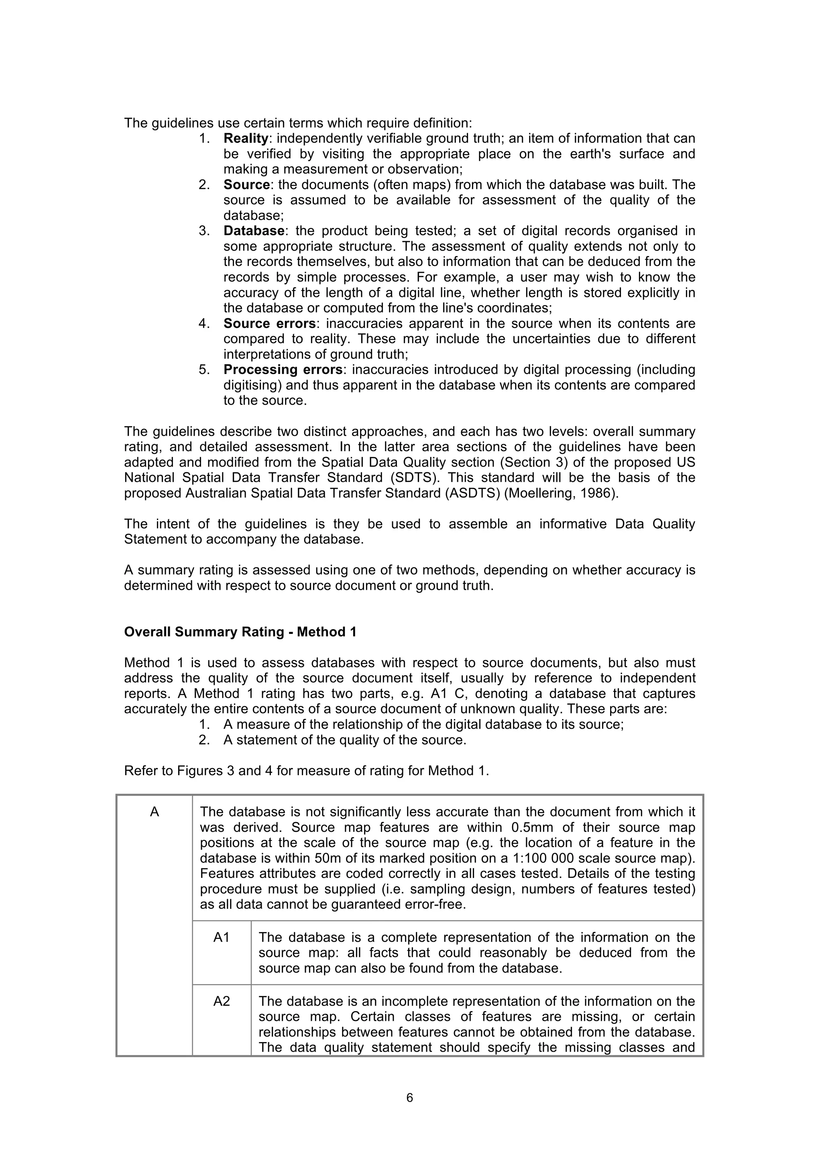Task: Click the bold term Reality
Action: click(x=246, y=139)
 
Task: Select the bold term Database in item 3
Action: click(x=254, y=231)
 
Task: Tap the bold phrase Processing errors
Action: click(x=283, y=370)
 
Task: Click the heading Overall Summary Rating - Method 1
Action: click(x=240, y=632)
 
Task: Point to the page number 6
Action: click(x=409, y=1098)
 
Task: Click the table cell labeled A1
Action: click(x=221, y=938)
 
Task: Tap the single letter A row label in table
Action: click(x=155, y=812)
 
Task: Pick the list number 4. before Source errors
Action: click(x=204, y=323)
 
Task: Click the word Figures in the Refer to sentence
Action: click(x=196, y=771)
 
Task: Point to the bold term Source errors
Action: click(x=270, y=323)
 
